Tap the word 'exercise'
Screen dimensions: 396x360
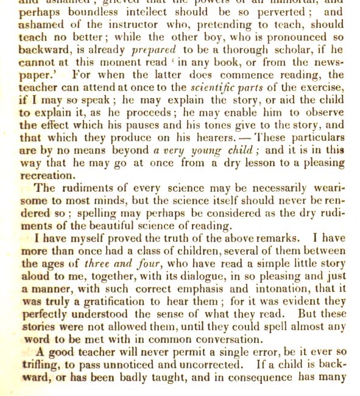click(322, 90)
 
